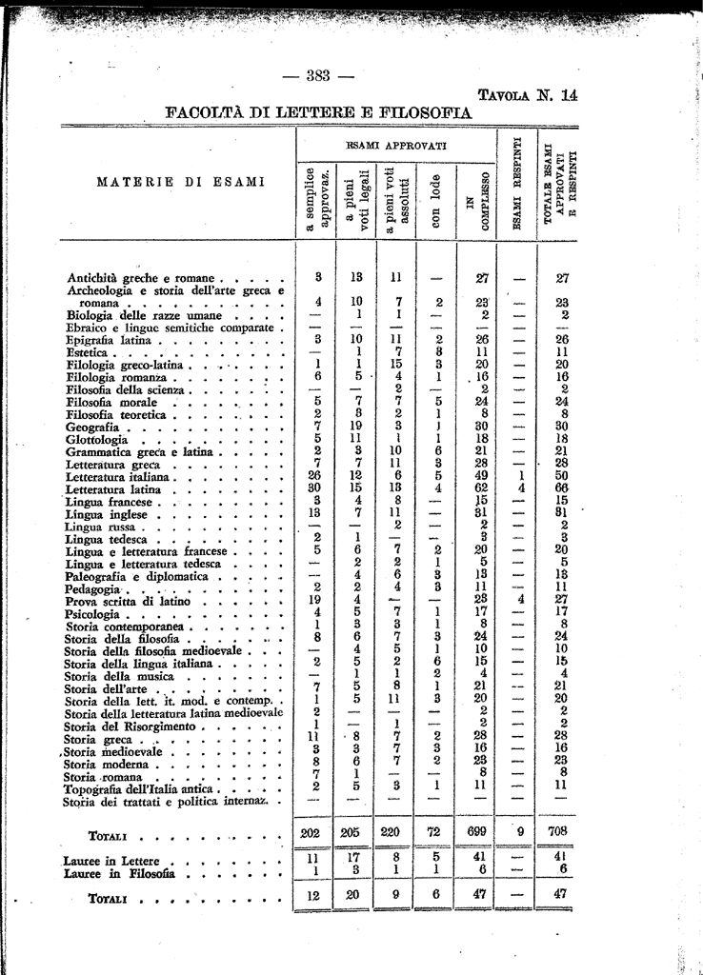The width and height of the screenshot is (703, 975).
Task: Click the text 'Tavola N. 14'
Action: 527,94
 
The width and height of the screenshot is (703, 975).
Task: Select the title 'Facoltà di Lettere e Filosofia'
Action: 319,113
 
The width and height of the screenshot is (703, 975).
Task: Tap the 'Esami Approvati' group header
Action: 395,145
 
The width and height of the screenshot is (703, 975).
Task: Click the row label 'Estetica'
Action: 89,352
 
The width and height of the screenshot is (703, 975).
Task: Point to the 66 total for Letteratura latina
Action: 562,488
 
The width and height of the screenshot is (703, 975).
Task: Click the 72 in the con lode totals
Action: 434,831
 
